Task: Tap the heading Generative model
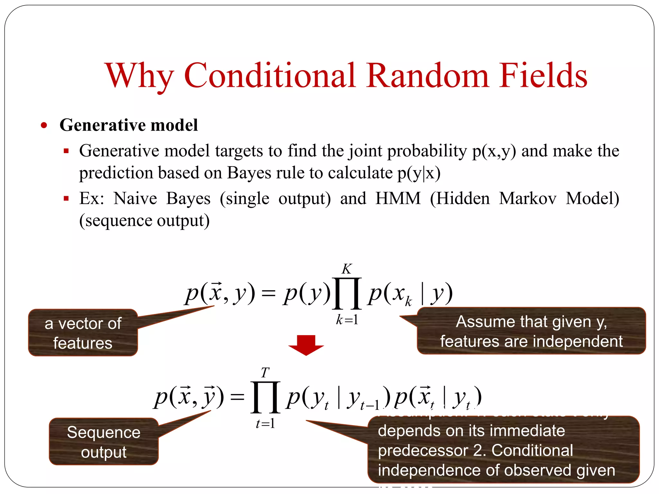[x=128, y=125]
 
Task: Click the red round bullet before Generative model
[x=44, y=125]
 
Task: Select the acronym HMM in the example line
[x=398, y=198]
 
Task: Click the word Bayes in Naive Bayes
[x=188, y=198]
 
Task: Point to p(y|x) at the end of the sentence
[x=419, y=173]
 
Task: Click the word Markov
[x=528, y=198]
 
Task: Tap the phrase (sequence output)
[x=144, y=221]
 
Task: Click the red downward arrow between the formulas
[x=306, y=345]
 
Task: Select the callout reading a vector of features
[x=83, y=333]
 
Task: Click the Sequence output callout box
[x=104, y=442]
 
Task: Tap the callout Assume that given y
[x=531, y=331]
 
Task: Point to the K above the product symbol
[x=347, y=269]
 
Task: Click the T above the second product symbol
[x=265, y=373]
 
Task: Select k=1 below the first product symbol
[x=347, y=320]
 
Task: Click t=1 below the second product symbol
[x=265, y=424]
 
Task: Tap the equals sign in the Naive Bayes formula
[x=269, y=293]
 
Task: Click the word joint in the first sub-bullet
[x=365, y=151]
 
